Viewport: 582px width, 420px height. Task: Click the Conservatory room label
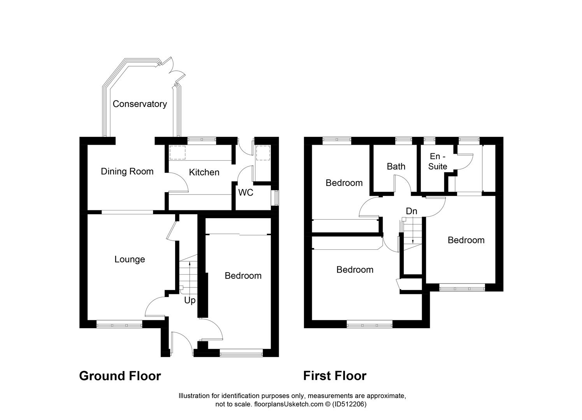coord(140,104)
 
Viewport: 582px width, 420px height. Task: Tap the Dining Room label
coord(127,171)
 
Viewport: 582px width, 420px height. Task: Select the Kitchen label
coord(204,172)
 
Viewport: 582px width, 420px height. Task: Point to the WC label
coord(246,192)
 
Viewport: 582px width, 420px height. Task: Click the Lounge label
coord(130,259)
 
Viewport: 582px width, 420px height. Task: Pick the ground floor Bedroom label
coord(243,276)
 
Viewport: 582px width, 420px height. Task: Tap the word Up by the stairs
coord(190,301)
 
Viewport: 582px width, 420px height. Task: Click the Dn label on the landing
coord(411,211)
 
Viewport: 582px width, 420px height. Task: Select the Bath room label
coord(396,166)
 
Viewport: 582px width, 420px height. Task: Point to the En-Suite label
coord(438,161)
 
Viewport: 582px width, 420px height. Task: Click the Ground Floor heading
coord(120,376)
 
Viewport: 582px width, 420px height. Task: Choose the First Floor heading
coord(335,376)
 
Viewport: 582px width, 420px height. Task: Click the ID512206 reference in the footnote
coord(349,404)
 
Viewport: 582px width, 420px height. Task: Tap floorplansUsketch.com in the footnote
coord(288,404)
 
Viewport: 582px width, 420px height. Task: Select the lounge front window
coord(120,324)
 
